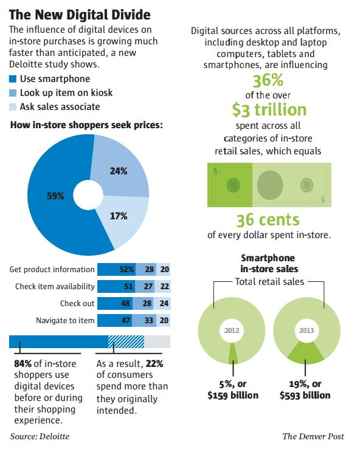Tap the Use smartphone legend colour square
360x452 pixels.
click(13, 79)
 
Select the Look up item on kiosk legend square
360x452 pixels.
click(13, 93)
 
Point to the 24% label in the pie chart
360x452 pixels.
click(118, 171)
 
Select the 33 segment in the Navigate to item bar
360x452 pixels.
click(147, 320)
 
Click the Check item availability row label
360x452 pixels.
click(55, 287)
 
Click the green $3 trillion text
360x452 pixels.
click(269, 109)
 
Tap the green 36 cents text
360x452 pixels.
click(268, 219)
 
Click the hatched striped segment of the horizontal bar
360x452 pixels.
click(126, 341)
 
